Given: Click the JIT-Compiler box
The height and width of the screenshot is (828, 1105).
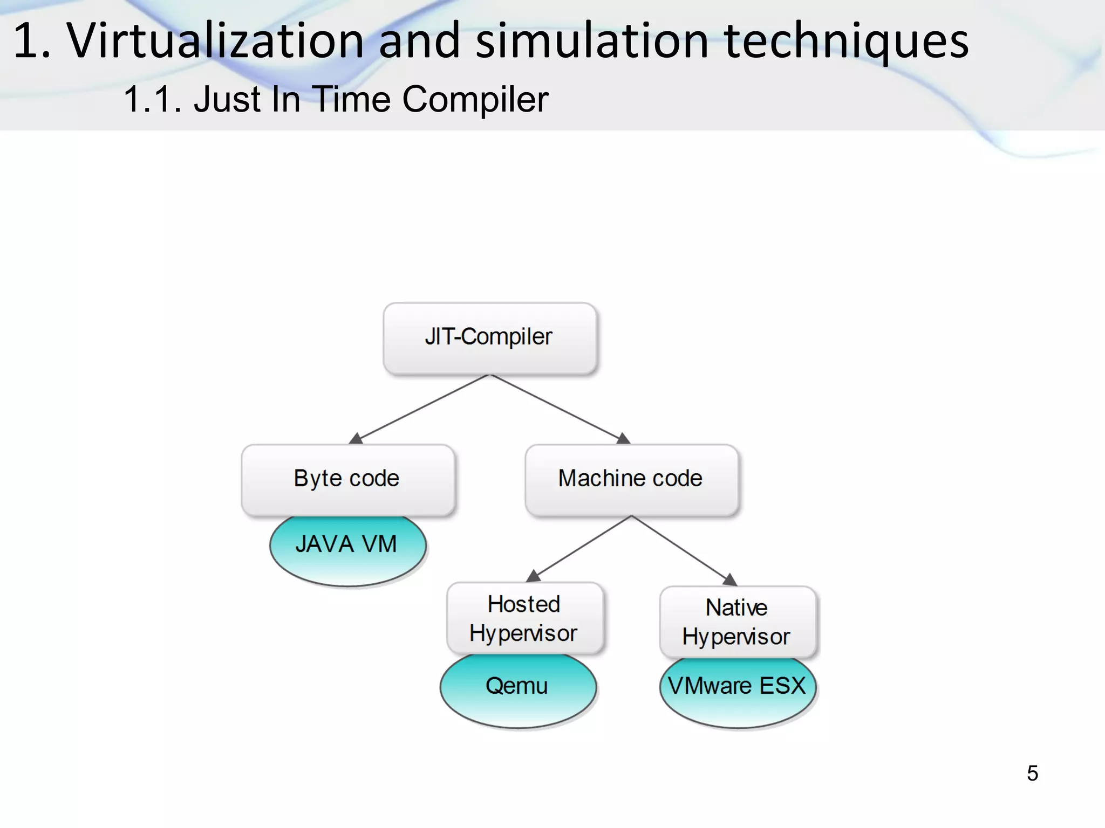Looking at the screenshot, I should (x=489, y=337).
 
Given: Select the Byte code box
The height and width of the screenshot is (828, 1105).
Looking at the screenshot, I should (x=347, y=479).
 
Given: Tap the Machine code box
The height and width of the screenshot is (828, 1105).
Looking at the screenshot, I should (x=631, y=479).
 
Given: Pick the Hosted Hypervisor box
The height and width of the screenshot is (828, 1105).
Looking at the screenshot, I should (x=524, y=618).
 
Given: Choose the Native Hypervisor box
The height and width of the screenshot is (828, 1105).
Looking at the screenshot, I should (x=737, y=622).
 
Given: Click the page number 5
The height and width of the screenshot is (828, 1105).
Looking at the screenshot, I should (x=1032, y=773).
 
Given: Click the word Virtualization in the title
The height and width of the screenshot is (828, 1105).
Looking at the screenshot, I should (x=216, y=40).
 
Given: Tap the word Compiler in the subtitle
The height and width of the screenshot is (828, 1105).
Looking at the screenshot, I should (x=475, y=99).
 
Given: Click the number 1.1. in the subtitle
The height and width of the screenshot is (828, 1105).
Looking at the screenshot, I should (x=153, y=99).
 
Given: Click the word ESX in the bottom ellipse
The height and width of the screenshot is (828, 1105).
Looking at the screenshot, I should (x=782, y=686).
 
